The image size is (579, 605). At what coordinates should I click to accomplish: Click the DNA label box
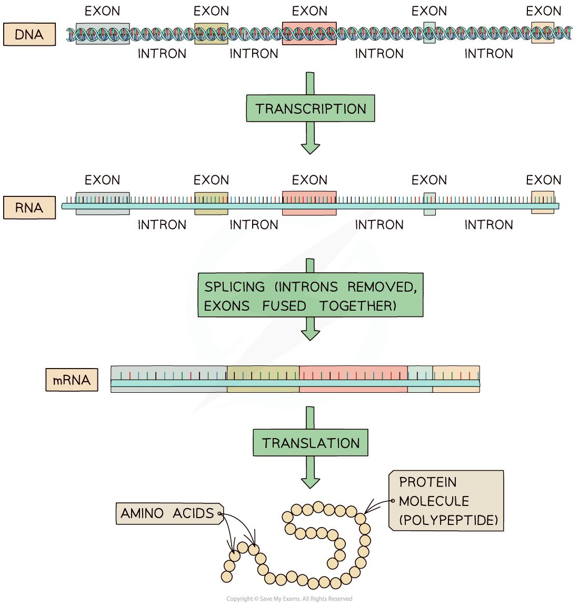(29, 34)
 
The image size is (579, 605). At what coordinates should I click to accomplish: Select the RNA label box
(29, 207)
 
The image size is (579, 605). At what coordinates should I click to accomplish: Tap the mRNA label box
(72, 380)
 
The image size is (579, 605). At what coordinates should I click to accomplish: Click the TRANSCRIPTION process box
(311, 108)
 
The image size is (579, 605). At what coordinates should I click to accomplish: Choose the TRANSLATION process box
(311, 442)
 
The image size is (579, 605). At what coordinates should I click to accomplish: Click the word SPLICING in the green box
(235, 286)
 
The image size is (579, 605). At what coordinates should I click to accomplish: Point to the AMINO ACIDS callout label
(169, 513)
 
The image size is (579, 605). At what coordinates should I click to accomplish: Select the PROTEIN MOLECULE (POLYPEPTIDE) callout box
(446, 500)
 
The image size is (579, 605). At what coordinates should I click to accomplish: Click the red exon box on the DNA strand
(310, 34)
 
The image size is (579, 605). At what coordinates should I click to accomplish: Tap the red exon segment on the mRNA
(353, 379)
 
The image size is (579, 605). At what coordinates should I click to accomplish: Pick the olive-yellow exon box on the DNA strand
(211, 34)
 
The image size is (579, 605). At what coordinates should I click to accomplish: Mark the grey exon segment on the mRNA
(169, 379)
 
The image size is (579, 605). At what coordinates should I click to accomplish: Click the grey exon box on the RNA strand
(103, 203)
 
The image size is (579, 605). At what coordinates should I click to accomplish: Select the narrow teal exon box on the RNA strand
(430, 204)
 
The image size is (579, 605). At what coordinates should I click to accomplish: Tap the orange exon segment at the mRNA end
(456, 379)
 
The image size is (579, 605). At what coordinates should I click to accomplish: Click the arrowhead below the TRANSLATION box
(311, 483)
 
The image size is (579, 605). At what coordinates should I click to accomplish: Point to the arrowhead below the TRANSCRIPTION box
(311, 149)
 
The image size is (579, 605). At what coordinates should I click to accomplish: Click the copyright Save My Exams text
(289, 599)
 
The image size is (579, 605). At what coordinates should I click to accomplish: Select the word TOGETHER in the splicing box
(357, 306)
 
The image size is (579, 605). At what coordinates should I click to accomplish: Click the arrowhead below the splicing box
(311, 335)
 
